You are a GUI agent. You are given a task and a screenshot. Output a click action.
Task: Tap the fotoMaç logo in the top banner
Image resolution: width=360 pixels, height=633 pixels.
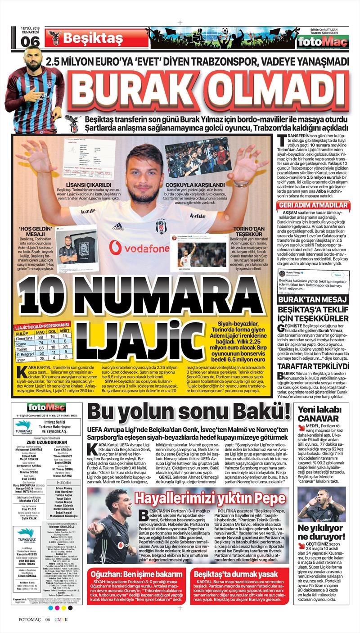coord(323,42)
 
